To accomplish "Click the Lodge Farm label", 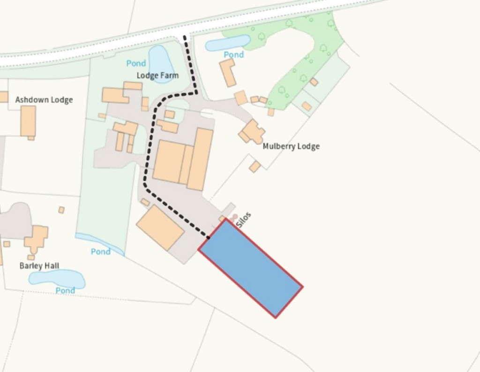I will [x=157, y=76].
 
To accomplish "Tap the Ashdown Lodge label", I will [x=44, y=100].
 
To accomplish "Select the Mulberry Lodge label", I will [x=291, y=146].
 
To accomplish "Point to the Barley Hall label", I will [x=39, y=266].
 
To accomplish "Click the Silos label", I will [x=244, y=220].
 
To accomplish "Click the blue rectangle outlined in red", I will [x=250, y=268].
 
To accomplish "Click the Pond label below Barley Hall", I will [x=65, y=291].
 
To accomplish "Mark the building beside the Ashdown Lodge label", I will [x=28, y=121].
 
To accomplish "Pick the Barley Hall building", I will [x=37, y=238].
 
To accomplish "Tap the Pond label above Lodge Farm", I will [x=136, y=63].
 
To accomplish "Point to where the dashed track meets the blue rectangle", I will [x=208, y=238].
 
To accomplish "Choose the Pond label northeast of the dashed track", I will [x=233, y=55].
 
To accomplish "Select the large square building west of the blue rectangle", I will [x=160, y=228].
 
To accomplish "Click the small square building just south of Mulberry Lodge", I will [x=255, y=167].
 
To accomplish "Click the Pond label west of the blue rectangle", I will [x=101, y=252].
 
